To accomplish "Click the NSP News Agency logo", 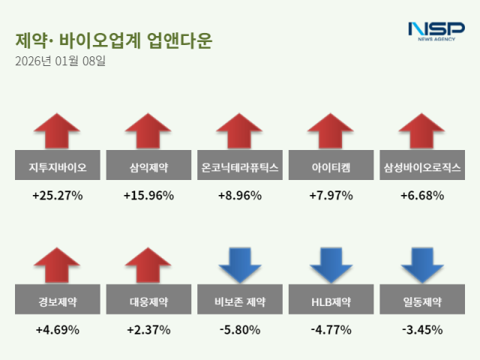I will [436, 31].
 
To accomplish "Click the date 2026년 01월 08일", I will [60, 61].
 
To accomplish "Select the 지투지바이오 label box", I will [57, 167].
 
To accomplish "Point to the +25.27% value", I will [57, 196].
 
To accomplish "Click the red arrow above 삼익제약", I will [148, 132].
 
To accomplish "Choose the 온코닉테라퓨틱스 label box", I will [240, 167].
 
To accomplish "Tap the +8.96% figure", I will [240, 196].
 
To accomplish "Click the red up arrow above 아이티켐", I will [331, 132].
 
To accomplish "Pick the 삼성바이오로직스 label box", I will [422, 167].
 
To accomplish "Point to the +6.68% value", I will [422, 196].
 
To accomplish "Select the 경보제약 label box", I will [57, 302].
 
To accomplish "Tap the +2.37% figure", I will [148, 330].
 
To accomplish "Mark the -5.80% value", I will [240, 330].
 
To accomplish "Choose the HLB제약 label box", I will [331, 302].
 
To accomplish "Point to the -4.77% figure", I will [331, 330].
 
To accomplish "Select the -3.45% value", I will [422, 330].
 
